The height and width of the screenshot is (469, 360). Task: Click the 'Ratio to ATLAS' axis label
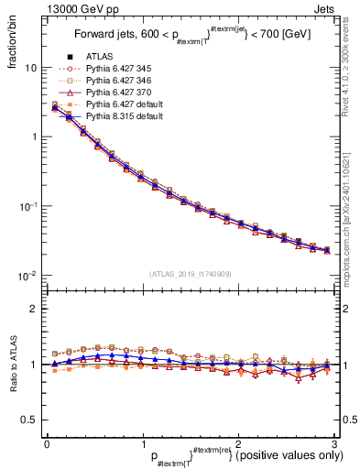12,366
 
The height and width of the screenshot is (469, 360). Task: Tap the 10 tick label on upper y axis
29,68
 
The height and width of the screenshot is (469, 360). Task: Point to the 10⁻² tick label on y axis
27,275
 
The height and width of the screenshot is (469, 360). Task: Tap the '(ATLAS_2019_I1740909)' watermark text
189,274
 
